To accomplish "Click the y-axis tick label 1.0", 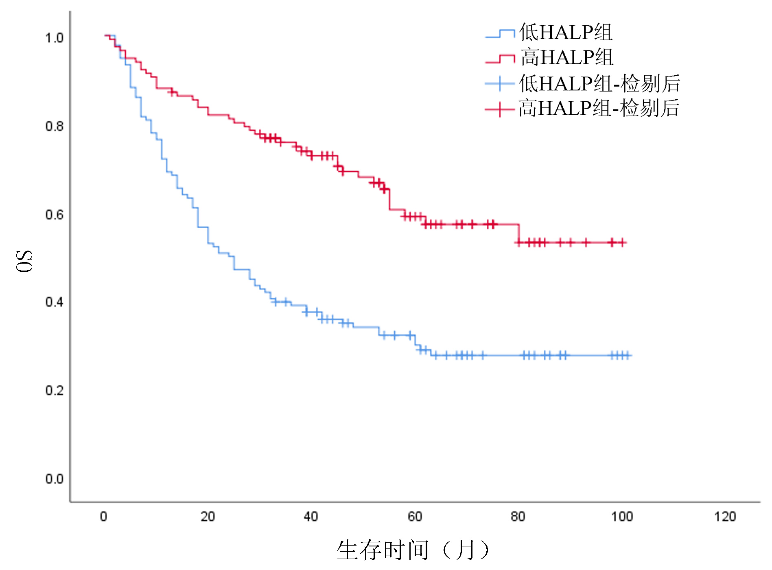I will coord(54,38).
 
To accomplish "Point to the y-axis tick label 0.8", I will coord(54,126).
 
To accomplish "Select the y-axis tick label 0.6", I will coord(54,214).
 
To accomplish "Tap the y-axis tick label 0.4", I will coord(54,302).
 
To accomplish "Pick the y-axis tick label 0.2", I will coord(54,390).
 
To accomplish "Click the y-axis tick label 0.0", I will coord(54,478).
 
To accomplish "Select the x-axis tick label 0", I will coord(104,517).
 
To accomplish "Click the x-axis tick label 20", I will coord(208,517).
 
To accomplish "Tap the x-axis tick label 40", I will coord(311,517).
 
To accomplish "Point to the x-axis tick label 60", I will coord(415,517).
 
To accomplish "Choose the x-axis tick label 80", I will coord(518,517).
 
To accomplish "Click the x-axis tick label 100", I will coord(622,517).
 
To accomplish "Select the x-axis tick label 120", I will coord(725,517).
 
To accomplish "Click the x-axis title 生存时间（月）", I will coord(413,550).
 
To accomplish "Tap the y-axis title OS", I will coord(24,261).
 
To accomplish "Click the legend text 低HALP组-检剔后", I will coord(599,83).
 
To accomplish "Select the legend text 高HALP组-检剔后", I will coord(599,108).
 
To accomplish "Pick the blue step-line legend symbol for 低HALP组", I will coord(500,34).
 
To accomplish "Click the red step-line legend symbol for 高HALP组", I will coord(500,59).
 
